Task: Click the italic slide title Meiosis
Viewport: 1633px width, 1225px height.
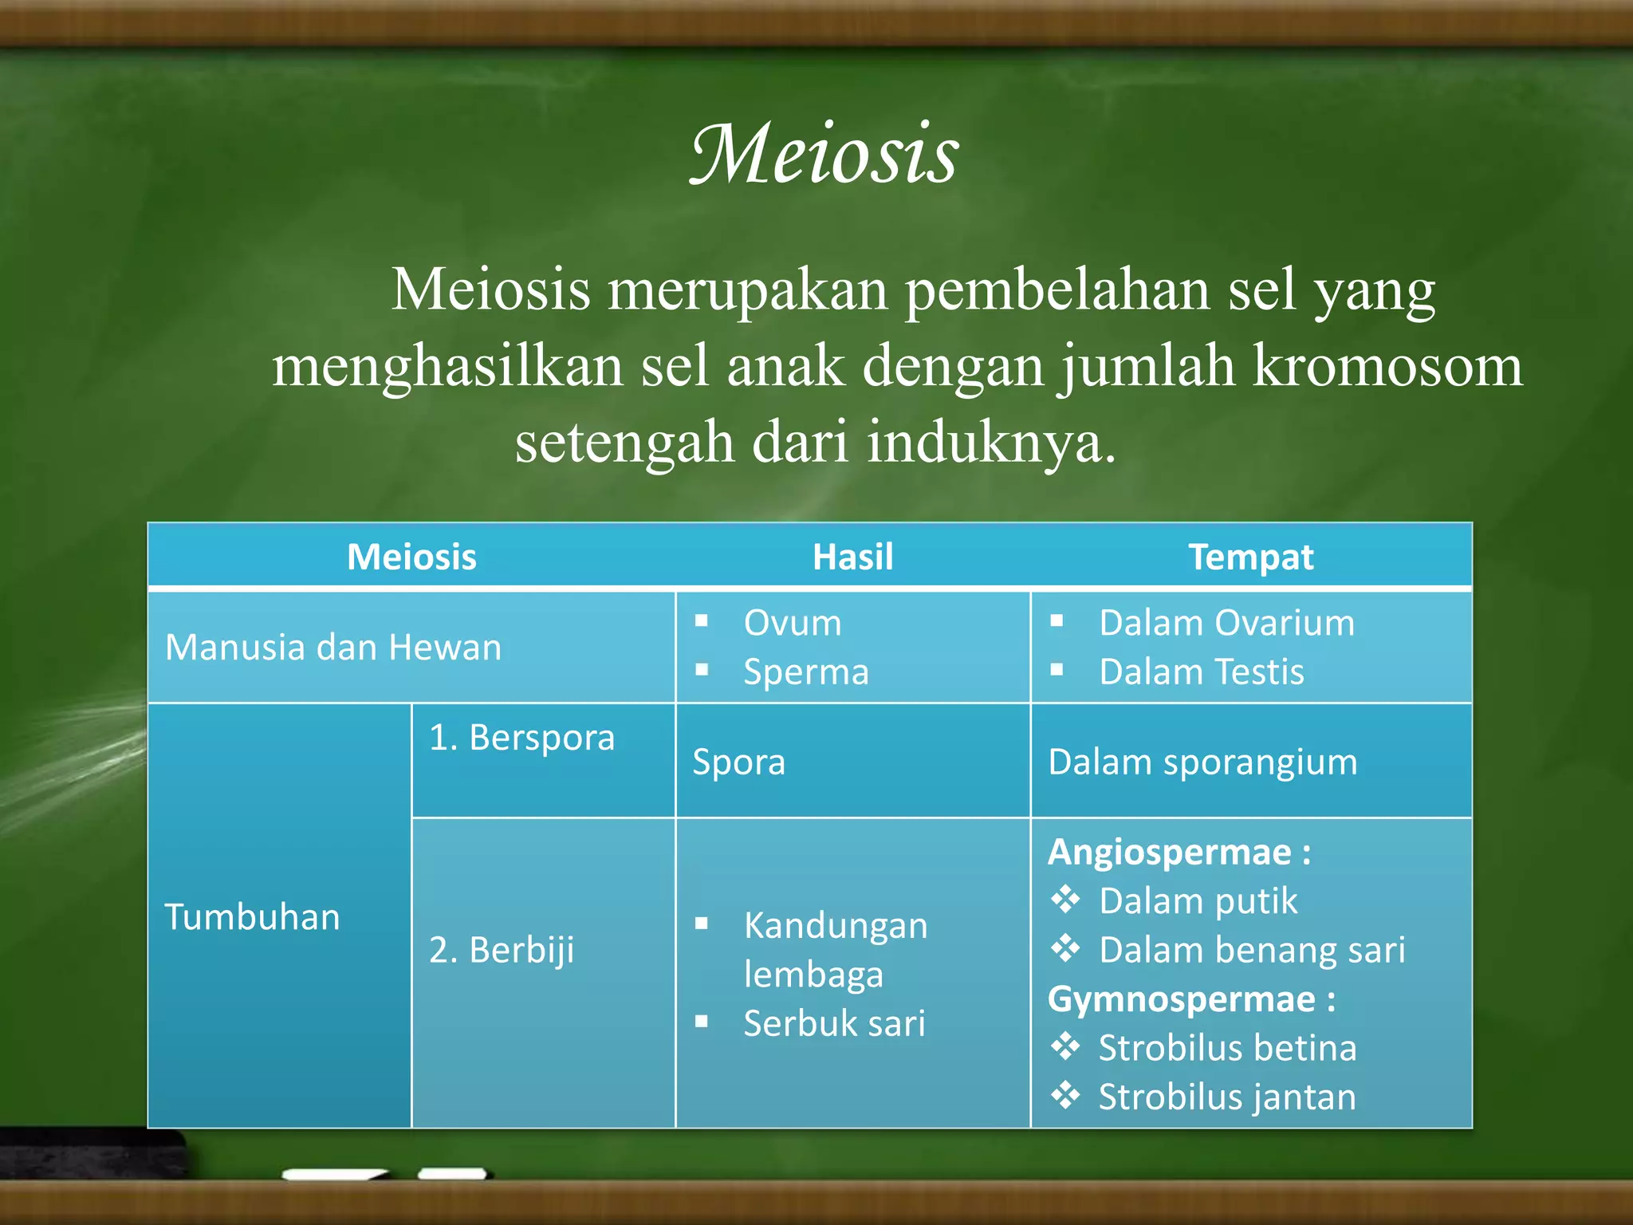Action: click(824, 154)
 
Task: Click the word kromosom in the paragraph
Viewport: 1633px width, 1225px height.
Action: click(1387, 366)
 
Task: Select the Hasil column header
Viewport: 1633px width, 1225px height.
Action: click(852, 557)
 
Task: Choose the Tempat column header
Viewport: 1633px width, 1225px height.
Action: click(1250, 557)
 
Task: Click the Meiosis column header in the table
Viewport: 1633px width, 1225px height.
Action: click(411, 557)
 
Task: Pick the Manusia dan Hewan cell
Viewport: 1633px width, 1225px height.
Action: click(333, 647)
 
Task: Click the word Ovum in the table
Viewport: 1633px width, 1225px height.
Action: click(793, 623)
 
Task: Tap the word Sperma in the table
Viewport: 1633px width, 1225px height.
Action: click(806, 672)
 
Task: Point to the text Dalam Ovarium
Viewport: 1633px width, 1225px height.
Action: click(1226, 623)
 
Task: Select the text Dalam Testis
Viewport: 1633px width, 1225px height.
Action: click(1201, 672)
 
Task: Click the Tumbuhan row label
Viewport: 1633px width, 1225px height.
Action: click(252, 917)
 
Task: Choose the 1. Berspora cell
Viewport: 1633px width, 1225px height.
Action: click(521, 738)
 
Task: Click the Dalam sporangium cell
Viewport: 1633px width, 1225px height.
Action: click(1202, 762)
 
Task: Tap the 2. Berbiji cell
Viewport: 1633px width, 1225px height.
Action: click(502, 950)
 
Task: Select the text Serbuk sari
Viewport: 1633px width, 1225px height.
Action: click(834, 1023)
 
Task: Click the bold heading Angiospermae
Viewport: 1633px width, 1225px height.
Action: click(1170, 852)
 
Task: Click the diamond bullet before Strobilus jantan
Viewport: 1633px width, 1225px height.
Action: click(1065, 1095)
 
